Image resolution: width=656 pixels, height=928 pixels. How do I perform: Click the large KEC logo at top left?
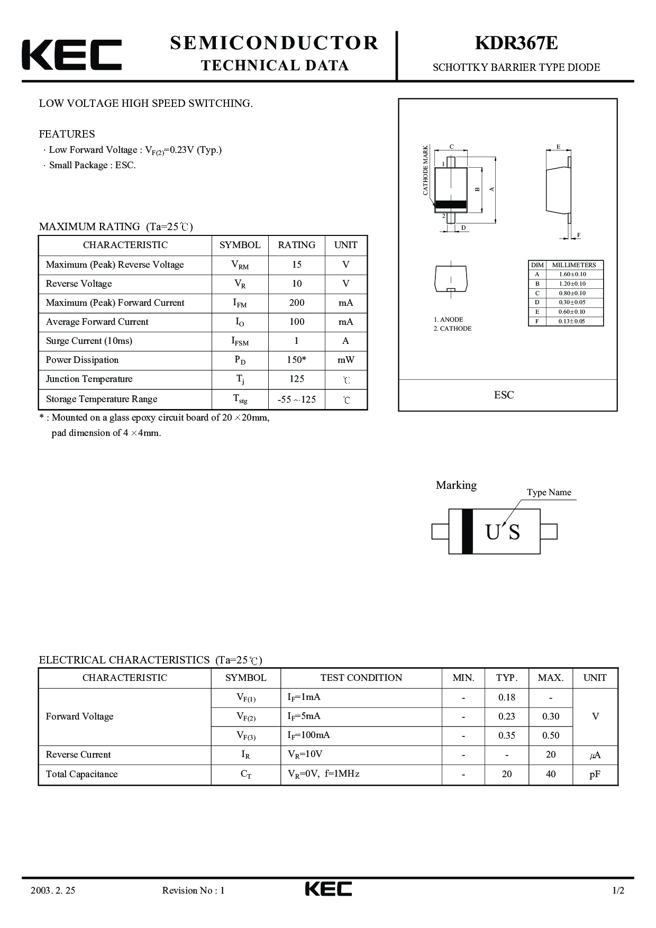71,54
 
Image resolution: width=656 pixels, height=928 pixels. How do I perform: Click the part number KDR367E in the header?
516,43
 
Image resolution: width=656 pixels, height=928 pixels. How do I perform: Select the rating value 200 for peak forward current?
297,303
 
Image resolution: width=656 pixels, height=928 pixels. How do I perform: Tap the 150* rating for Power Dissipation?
297,360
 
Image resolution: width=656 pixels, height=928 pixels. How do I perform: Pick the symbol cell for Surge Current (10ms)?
240,341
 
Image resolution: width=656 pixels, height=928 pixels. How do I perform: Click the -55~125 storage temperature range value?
297,399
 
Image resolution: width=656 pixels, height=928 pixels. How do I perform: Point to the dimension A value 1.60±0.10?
572,274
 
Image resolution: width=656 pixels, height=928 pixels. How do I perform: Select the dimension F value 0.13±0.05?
572,321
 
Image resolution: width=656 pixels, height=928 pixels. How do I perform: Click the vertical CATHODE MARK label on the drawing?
425,170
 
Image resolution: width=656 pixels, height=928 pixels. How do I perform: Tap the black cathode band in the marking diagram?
467,531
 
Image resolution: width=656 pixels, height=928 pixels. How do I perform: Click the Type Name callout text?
549,492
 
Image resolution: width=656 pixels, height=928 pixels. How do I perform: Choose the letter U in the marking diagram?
493,532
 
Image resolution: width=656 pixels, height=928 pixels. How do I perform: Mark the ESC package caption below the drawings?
504,395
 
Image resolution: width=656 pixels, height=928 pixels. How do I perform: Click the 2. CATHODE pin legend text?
452,329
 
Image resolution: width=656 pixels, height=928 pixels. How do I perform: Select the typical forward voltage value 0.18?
506,697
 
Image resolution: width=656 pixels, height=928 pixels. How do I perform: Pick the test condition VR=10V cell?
305,754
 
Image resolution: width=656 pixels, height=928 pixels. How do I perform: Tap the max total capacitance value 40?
551,774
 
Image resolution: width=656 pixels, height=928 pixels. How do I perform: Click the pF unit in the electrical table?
595,774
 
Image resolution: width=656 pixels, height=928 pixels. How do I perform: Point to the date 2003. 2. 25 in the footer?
53,890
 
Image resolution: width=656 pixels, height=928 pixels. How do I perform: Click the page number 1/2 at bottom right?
618,890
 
